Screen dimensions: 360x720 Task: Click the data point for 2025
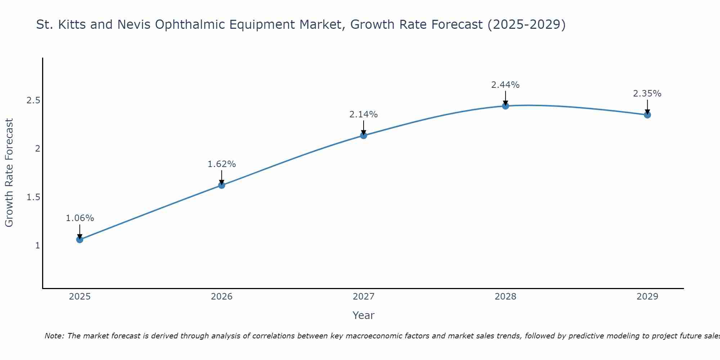point(80,239)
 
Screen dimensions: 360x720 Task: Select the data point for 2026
point(221,185)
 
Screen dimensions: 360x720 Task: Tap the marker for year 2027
point(364,135)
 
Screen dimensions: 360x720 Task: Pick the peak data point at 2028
point(505,106)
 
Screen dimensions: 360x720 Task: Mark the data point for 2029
point(647,115)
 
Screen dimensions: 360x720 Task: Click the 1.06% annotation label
point(80,218)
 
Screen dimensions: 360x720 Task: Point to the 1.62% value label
point(221,164)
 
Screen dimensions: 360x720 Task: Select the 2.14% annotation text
point(364,114)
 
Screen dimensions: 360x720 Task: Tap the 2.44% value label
point(505,85)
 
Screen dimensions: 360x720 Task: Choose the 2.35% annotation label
point(647,94)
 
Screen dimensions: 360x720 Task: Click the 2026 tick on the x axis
point(221,297)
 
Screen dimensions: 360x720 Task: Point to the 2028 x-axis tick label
point(505,297)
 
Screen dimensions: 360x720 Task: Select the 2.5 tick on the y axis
point(33,100)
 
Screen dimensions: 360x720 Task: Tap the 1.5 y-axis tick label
point(33,197)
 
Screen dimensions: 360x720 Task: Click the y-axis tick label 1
point(37,246)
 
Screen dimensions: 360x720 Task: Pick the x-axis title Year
point(364,315)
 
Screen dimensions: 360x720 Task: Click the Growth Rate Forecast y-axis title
point(9,173)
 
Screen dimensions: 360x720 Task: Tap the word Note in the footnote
point(54,336)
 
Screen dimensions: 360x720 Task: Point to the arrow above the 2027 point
point(364,127)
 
